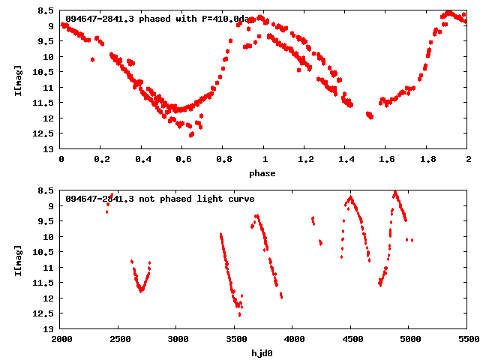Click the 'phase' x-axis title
(x=264, y=173)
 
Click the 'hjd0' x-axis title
(x=264, y=353)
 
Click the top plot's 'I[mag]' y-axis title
(x=19, y=79)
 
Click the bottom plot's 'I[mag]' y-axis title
(x=19, y=259)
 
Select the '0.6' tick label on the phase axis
(x=182, y=160)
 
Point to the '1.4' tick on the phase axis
(x=346, y=160)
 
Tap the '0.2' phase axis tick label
(x=101, y=160)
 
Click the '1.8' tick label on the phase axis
(x=427, y=160)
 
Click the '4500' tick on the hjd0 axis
(x=351, y=340)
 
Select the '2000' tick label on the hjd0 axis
(x=61, y=340)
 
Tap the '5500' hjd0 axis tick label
(x=467, y=340)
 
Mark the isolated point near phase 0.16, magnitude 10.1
(x=92, y=59)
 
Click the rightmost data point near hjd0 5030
(x=412, y=240)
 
